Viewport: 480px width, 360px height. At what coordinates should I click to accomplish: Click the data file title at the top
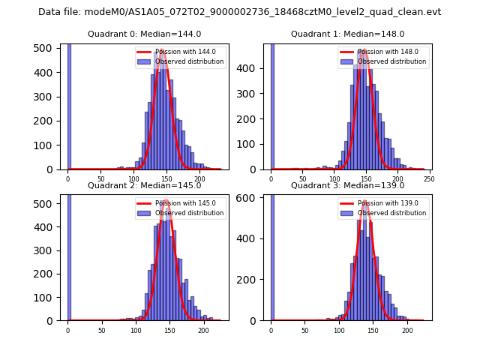[x=239, y=12]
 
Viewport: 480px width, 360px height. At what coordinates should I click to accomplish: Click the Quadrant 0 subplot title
[x=144, y=34]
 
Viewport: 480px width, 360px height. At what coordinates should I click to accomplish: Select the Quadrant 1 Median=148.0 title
[x=347, y=34]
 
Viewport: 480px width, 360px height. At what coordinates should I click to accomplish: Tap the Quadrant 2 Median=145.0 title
[x=144, y=185]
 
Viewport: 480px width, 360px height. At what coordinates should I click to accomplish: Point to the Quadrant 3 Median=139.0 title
[x=347, y=185]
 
